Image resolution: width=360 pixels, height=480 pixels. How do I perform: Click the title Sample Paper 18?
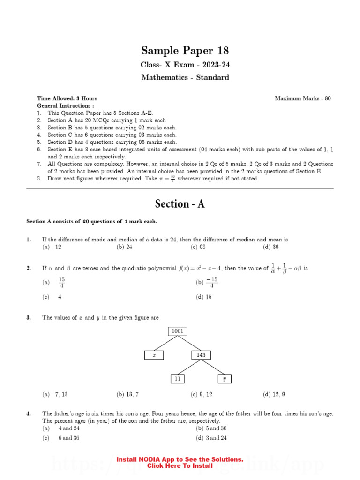[x=185, y=51]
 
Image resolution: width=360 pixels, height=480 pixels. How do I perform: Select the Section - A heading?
[x=180, y=204]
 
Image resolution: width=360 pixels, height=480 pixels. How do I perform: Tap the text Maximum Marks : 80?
[x=302, y=98]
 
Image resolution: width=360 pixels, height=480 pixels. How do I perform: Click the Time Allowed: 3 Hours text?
[x=67, y=98]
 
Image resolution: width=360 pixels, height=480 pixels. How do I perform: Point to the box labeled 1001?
[x=178, y=331]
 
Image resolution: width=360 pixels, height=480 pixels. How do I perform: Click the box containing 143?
[x=201, y=355]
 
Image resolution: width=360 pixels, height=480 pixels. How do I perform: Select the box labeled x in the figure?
[x=154, y=355]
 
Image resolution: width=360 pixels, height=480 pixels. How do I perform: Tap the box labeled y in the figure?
[x=224, y=379]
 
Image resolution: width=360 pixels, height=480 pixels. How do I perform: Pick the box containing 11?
[x=177, y=379]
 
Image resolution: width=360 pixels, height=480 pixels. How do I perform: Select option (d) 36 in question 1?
[x=271, y=247]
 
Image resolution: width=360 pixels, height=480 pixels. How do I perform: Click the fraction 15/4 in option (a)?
[x=61, y=282]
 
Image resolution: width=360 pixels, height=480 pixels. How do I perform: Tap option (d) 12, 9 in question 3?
[x=274, y=394]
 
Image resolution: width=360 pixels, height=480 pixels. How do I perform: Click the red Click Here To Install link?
[x=180, y=466]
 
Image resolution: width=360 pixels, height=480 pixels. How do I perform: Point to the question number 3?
[x=29, y=317]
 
